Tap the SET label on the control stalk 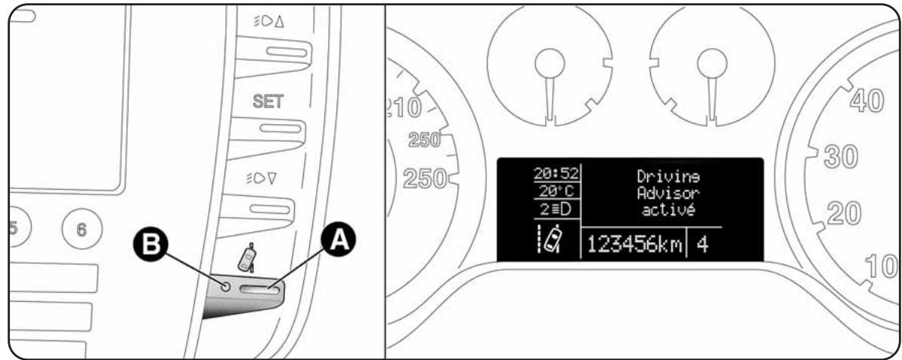point(268,102)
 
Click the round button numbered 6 point(82,230)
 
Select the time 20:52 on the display point(556,173)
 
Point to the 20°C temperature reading point(556,191)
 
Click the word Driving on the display point(670,177)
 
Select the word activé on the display point(669,210)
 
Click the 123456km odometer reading point(634,245)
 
